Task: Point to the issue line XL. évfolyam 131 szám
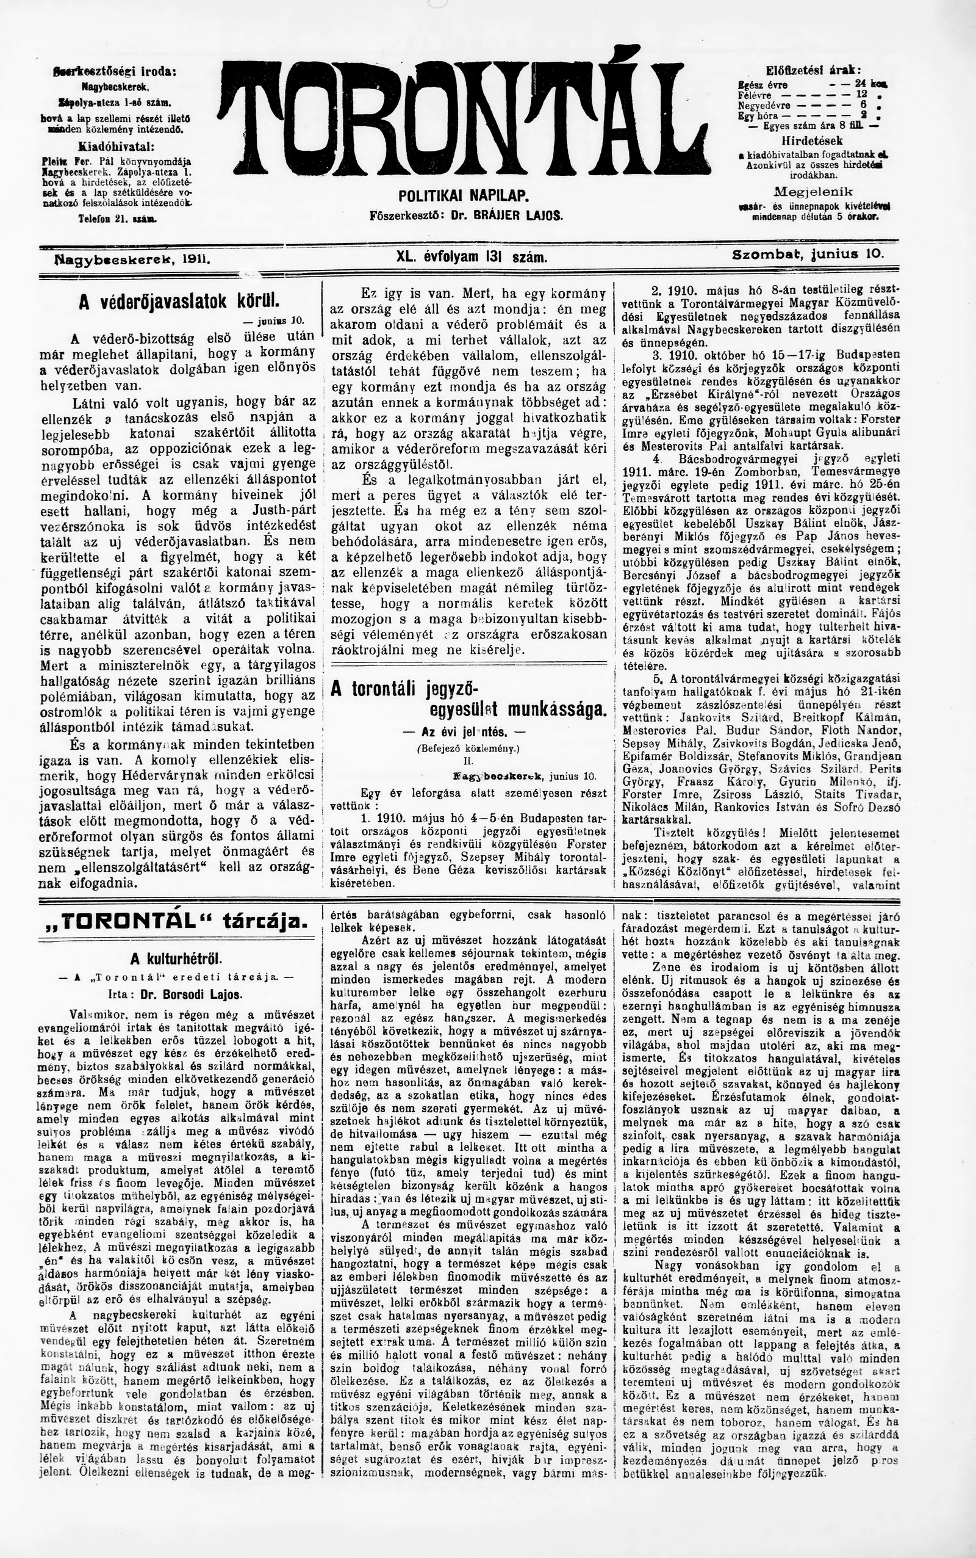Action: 472,258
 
